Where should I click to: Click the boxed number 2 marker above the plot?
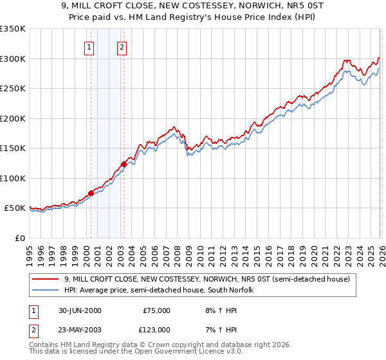click(122, 46)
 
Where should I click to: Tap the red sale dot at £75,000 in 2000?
click(91, 193)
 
